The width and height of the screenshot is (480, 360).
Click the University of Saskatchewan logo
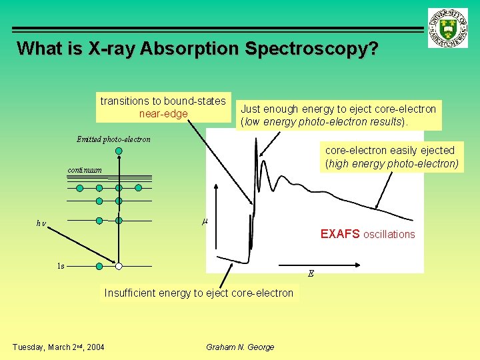pyautogui.click(x=449, y=29)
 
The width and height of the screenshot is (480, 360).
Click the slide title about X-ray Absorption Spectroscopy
pyautogui.click(x=197, y=49)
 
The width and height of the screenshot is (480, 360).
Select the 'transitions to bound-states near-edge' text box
pyautogui.click(x=163, y=107)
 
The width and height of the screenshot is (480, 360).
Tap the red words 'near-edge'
pyautogui.click(x=163, y=114)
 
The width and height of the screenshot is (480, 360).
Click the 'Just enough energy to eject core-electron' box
pyautogui.click(x=338, y=115)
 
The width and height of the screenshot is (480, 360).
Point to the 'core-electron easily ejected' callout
pyautogui.click(x=391, y=157)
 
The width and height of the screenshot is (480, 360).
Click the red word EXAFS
pyautogui.click(x=340, y=234)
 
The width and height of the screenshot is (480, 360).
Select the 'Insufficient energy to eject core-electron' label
pyautogui.click(x=199, y=293)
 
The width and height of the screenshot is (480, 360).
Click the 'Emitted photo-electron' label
pyautogui.click(x=113, y=139)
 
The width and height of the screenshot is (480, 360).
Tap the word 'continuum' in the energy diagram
pyautogui.click(x=85, y=170)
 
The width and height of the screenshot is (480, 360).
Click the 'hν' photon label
pyautogui.click(x=41, y=223)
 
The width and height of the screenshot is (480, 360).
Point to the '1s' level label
pyautogui.click(x=61, y=266)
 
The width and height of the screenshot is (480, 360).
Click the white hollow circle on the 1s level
pyautogui.click(x=119, y=267)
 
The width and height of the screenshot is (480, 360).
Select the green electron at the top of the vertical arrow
pyautogui.click(x=119, y=151)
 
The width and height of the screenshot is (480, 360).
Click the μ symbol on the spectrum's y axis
pyautogui.click(x=205, y=221)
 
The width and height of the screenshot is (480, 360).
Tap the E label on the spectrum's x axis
pyautogui.click(x=311, y=273)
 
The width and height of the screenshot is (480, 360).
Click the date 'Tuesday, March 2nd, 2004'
pyautogui.click(x=58, y=347)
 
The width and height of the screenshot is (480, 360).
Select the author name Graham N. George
pyautogui.click(x=240, y=347)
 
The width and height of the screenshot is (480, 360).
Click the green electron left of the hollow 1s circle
pyautogui.click(x=99, y=267)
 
